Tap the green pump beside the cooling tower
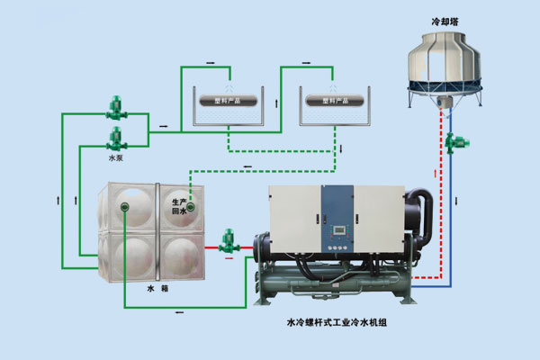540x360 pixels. pyautogui.click(x=463, y=140)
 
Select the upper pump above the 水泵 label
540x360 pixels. pyautogui.click(x=115, y=108)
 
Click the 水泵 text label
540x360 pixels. pyautogui.click(x=114, y=158)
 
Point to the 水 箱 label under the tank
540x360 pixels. pyautogui.click(x=157, y=290)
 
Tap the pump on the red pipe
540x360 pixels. pyautogui.click(x=228, y=240)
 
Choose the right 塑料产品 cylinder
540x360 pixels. pyautogui.click(x=328, y=100)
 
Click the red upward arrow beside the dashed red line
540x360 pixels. pyautogui.click(x=436, y=173)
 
